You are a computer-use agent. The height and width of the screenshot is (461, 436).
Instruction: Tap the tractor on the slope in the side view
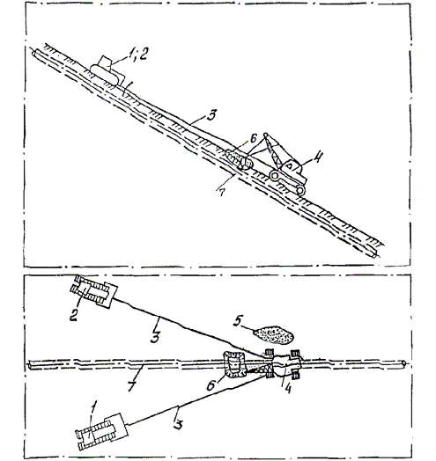coord(107,71)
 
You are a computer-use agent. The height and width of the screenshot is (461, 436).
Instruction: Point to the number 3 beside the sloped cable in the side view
coord(211,115)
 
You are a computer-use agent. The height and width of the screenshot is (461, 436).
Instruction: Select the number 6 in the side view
coord(254,138)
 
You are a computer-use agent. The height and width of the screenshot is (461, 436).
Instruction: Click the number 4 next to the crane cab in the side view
coord(317,157)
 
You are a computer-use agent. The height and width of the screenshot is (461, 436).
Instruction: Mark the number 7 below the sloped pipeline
coord(222,193)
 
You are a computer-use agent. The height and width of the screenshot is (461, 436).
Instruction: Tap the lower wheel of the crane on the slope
coord(300,191)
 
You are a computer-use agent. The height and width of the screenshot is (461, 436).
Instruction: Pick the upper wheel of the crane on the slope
coord(275,176)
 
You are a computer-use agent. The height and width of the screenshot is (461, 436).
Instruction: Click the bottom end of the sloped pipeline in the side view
coord(374,255)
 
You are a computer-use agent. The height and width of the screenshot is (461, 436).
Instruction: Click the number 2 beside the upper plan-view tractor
coord(73,316)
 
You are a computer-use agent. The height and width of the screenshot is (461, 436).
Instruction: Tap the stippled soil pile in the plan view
coord(273,334)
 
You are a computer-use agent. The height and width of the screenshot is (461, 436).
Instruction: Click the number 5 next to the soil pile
coord(238,320)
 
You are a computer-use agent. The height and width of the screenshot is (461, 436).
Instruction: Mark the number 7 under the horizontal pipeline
coord(132,385)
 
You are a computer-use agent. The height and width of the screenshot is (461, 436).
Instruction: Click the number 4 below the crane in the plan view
coord(288,388)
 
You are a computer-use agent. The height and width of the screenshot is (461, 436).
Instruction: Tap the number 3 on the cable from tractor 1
coord(179,425)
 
